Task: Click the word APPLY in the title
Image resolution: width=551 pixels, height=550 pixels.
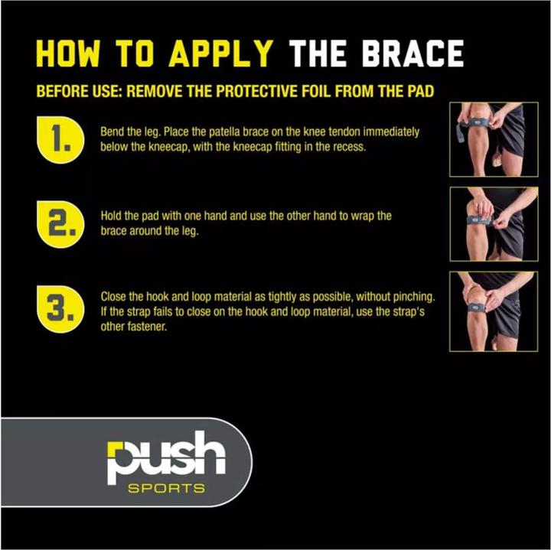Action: click(x=221, y=54)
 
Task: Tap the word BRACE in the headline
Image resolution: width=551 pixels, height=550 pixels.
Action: click(x=413, y=54)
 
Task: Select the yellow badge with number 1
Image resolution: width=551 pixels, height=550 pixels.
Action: click(x=60, y=139)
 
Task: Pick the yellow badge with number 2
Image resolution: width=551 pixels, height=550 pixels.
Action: click(x=60, y=224)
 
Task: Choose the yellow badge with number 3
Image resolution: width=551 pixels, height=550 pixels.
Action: click(x=60, y=309)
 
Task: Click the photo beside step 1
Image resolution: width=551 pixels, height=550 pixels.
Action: click(x=494, y=139)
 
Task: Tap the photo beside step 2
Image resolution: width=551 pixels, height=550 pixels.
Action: click(x=494, y=224)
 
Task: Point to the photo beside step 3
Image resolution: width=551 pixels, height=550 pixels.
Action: click(x=494, y=311)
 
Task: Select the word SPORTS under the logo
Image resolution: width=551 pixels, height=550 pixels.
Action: click(x=166, y=489)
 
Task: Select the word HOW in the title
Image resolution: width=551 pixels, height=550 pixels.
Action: click(x=68, y=54)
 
